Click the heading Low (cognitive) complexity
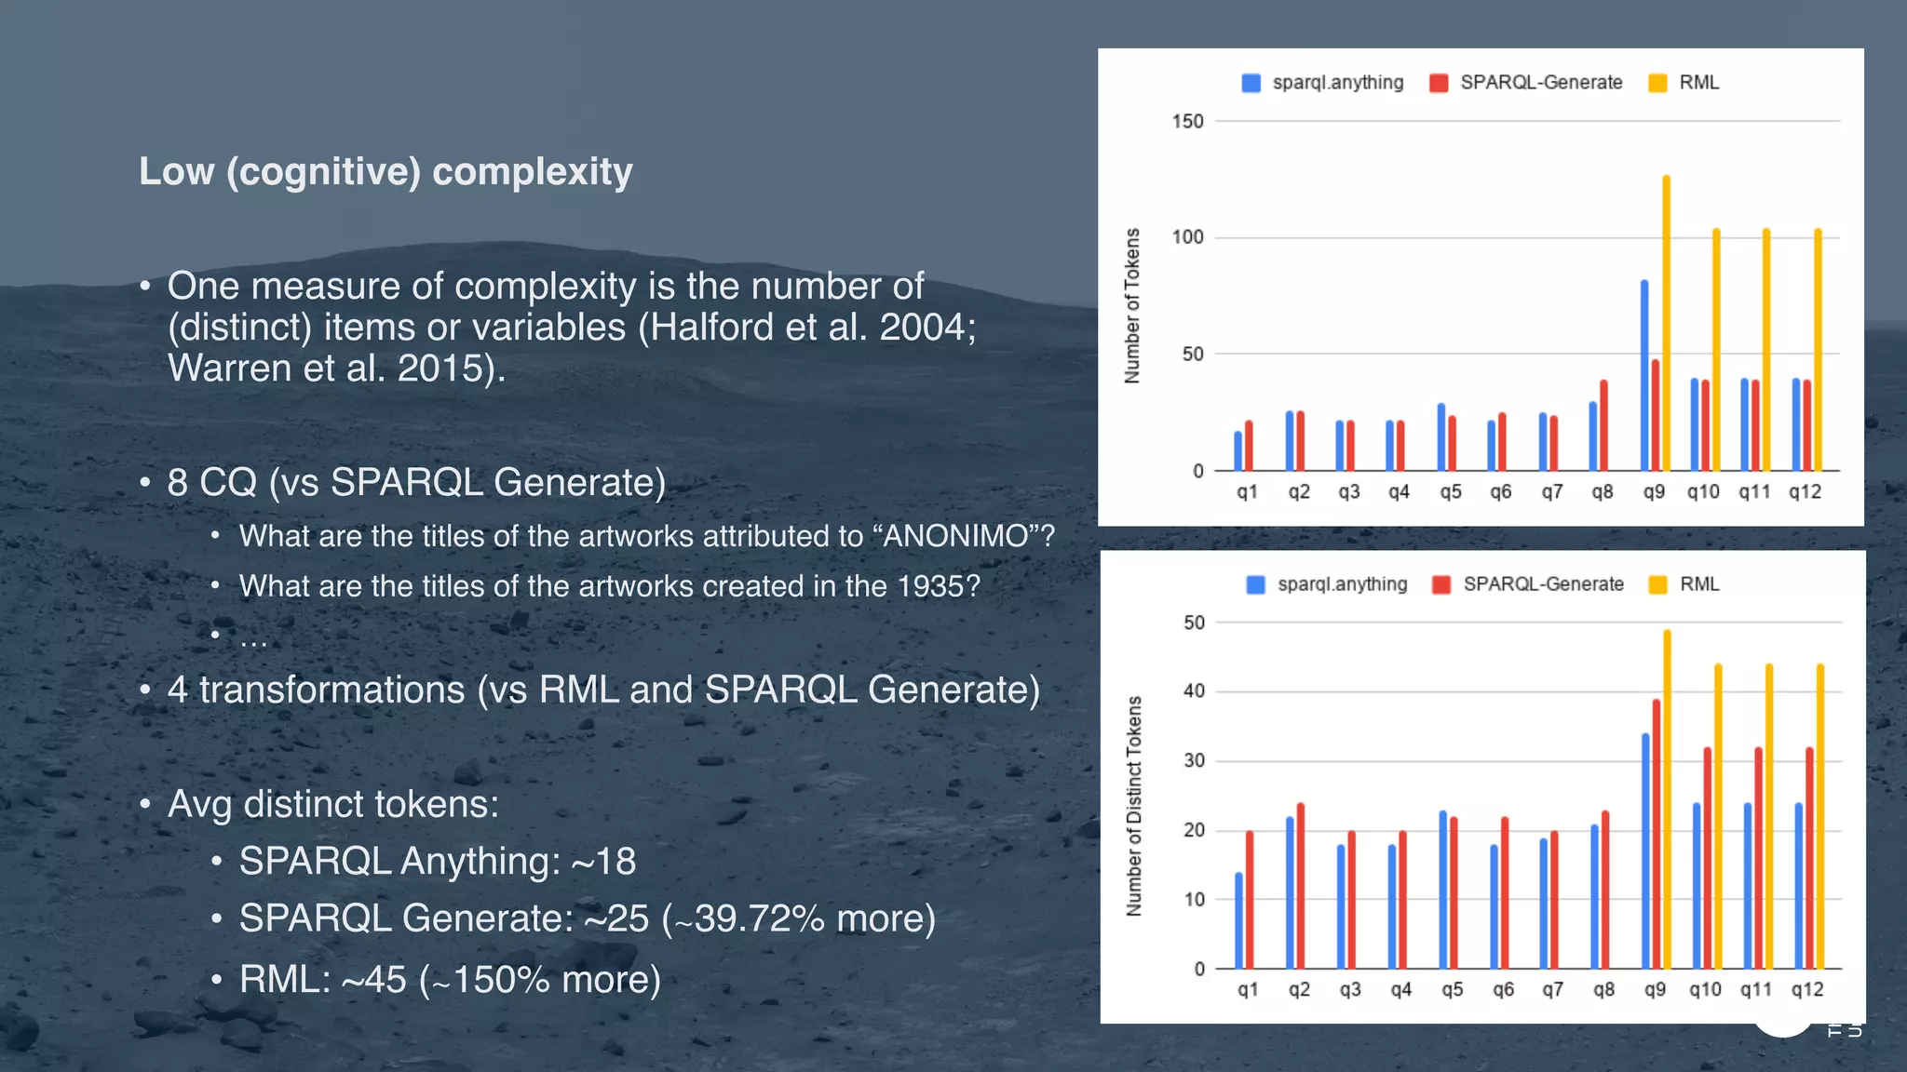coord(385,171)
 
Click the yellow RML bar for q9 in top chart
coord(1666,326)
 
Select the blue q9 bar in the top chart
coord(1644,377)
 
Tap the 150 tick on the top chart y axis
coord(1187,121)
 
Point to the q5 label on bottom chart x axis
coord(1452,990)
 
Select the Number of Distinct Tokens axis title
coord(1133,806)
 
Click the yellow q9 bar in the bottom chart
coord(1667,800)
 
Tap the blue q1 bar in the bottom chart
coord(1238,921)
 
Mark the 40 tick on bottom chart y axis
coord(1194,691)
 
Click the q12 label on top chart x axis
coord(1805,492)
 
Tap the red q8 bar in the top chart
coord(1603,426)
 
